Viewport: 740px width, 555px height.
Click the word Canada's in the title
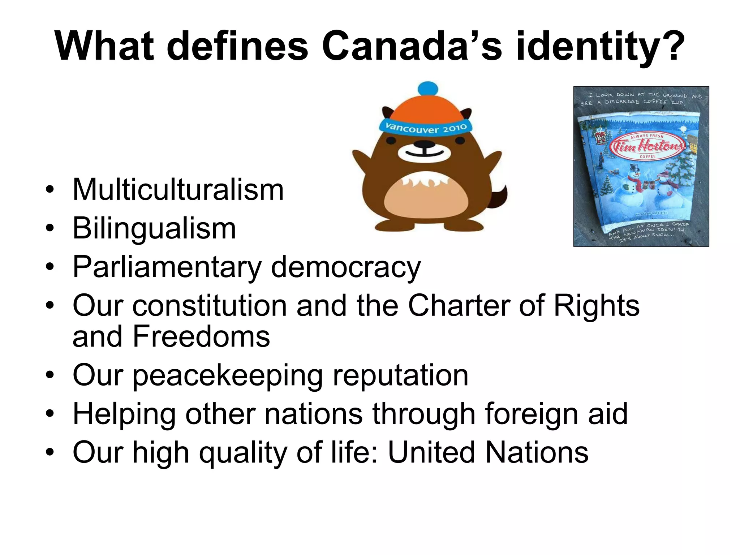click(x=412, y=46)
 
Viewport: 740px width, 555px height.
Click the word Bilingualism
click(x=154, y=228)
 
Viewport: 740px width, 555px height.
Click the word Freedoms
click(x=201, y=337)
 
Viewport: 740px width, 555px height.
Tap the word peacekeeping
click(x=228, y=376)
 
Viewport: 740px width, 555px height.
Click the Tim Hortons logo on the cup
click(x=647, y=146)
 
